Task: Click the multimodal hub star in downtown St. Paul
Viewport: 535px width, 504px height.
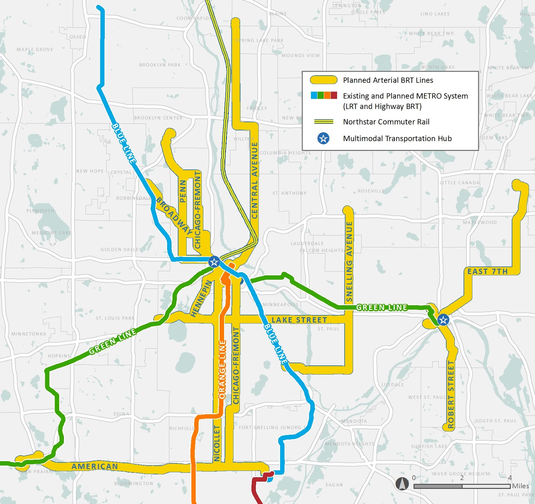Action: [443, 320]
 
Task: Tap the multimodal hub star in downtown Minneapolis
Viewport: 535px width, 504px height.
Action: [214, 262]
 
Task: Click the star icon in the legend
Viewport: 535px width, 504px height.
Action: [323, 138]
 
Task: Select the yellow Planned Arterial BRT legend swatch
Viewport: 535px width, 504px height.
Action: [323, 80]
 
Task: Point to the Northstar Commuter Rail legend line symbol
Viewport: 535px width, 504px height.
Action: [323, 122]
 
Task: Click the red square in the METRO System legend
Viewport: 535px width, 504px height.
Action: [334, 95]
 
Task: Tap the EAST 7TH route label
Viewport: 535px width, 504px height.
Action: [487, 271]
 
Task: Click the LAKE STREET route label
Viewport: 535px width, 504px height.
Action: [299, 320]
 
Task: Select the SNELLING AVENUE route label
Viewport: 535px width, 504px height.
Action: [349, 261]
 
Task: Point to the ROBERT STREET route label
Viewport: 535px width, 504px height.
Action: [451, 395]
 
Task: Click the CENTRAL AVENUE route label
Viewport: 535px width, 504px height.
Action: [254, 180]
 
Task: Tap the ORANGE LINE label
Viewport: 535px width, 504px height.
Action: [222, 369]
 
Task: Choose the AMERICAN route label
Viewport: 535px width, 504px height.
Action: [95, 466]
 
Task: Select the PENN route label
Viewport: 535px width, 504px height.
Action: [183, 191]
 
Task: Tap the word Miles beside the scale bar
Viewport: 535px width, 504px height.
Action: [520, 486]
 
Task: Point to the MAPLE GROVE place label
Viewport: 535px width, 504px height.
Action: [35, 50]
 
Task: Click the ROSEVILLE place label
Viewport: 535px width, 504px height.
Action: [371, 191]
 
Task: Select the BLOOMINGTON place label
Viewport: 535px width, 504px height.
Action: [134, 484]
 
